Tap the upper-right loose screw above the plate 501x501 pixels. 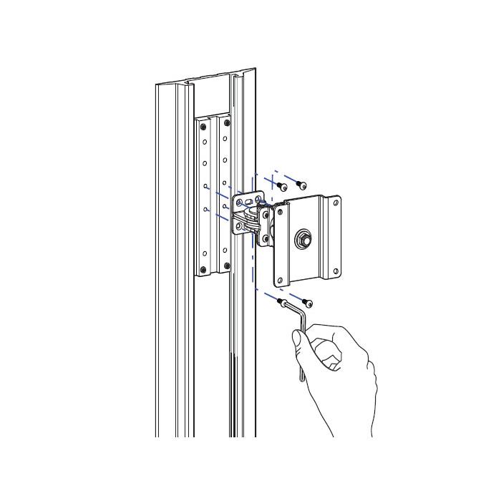(x=302, y=185)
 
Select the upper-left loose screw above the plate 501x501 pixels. (x=282, y=187)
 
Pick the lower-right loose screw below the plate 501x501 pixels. (x=308, y=302)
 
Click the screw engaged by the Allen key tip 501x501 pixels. (x=282, y=302)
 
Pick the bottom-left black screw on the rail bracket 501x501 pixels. (x=203, y=269)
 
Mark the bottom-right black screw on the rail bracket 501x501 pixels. (x=227, y=266)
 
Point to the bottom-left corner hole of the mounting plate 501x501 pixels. (x=281, y=280)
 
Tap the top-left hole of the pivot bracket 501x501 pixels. (x=238, y=203)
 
